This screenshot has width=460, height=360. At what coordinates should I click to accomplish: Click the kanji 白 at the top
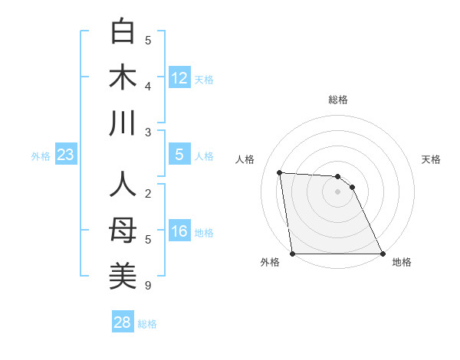tap(123, 31)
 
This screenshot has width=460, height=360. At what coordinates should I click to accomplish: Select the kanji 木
tap(123, 78)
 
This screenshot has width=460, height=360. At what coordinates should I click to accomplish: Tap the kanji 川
tap(123, 123)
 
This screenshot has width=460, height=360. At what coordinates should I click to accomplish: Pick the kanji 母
tap(123, 231)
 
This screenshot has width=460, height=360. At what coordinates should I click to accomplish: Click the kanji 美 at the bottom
tap(123, 276)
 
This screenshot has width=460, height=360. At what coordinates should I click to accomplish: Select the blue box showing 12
tap(179, 77)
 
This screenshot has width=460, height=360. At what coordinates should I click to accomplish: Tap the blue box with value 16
tap(179, 231)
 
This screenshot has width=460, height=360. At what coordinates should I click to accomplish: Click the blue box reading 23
tap(65, 155)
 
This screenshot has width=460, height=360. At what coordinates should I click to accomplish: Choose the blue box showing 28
tap(123, 322)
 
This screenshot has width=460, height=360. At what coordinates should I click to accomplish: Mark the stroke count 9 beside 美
tap(147, 286)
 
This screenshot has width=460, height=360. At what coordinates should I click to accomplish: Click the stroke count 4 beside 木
tap(147, 87)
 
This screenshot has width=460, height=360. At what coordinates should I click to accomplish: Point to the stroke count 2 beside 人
tap(147, 193)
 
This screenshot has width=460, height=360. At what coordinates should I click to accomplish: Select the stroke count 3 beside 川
tap(147, 133)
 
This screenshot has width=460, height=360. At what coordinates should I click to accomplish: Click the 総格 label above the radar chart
tap(337, 100)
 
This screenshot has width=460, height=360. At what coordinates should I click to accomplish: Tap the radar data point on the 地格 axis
tap(382, 254)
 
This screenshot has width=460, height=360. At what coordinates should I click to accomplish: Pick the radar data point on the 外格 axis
tap(293, 254)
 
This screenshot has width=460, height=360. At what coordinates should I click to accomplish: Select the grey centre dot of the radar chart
tap(337, 191)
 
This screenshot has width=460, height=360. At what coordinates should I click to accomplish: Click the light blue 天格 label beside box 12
tap(204, 79)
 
